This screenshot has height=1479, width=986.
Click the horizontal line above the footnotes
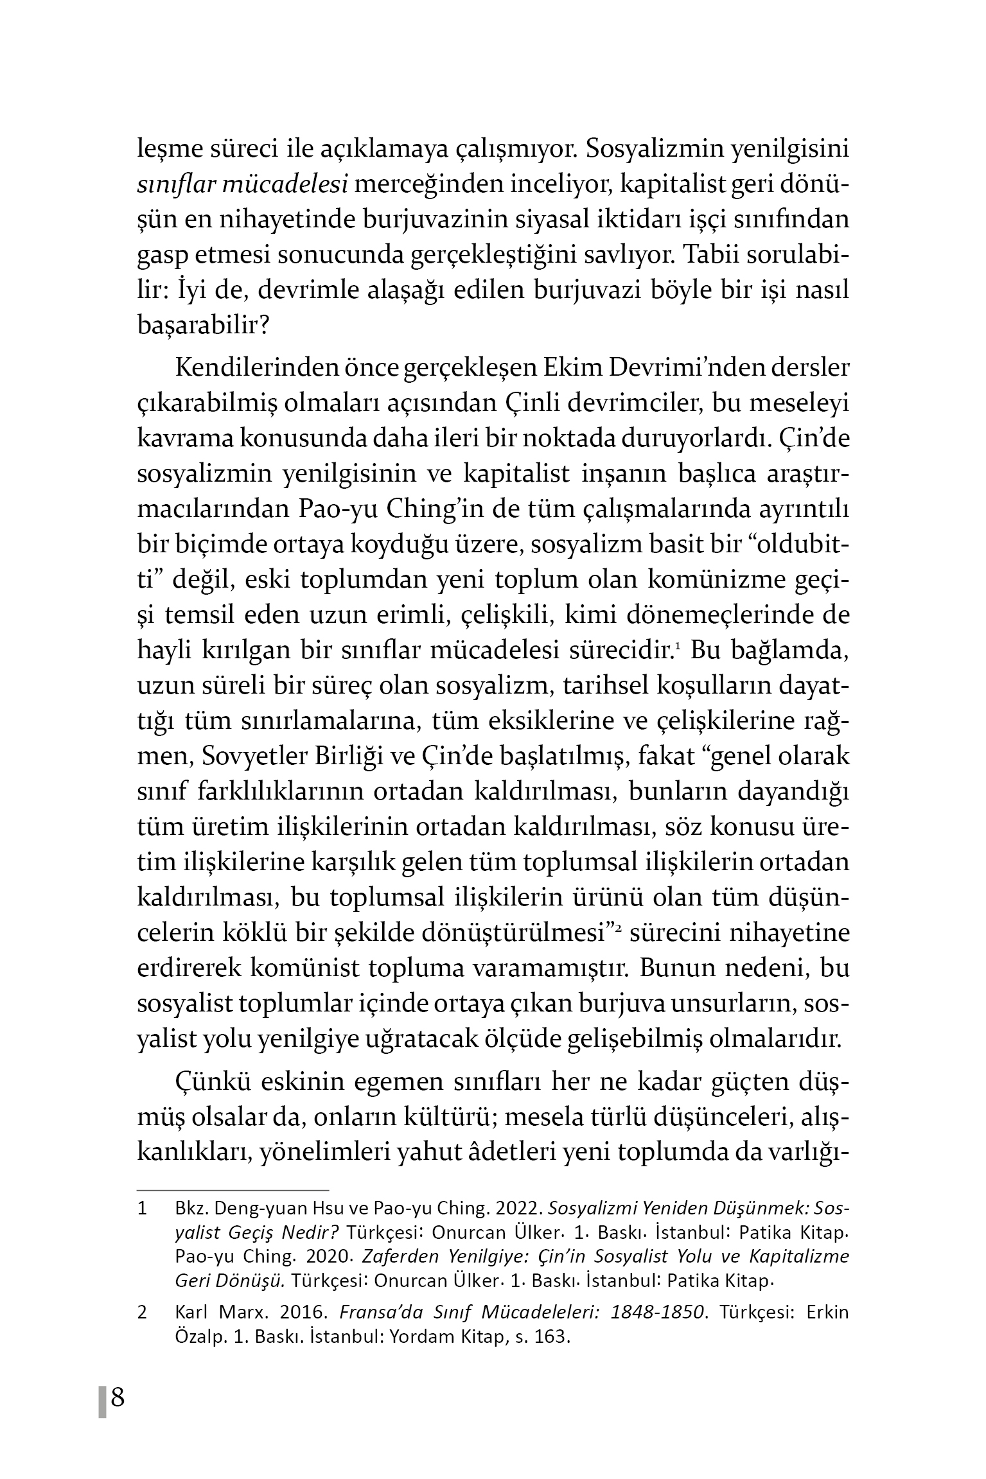tap(233, 1189)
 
